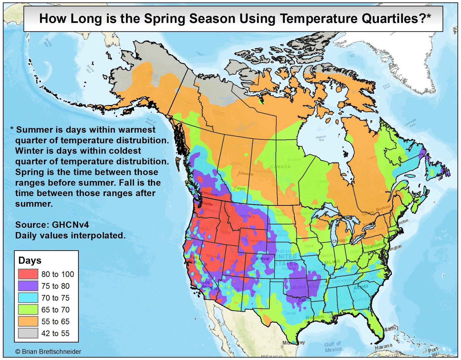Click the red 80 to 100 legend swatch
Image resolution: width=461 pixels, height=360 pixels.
(x=28, y=274)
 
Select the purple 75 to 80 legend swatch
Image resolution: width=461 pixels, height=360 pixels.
(x=28, y=286)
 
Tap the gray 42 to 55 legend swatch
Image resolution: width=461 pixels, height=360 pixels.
(x=28, y=333)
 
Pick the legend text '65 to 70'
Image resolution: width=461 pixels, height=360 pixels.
(x=55, y=310)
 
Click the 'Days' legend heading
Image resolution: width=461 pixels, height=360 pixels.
(x=30, y=260)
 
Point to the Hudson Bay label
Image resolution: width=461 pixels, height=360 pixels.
(x=321, y=138)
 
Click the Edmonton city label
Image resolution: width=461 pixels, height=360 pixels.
(x=246, y=174)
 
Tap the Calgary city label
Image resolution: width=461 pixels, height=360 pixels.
(x=240, y=188)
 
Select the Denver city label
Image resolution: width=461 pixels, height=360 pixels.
(x=263, y=258)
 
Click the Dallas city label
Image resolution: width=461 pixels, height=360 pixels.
(x=305, y=300)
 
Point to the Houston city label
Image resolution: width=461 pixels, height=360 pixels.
(x=315, y=317)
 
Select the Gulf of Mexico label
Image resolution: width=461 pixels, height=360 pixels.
(x=333, y=347)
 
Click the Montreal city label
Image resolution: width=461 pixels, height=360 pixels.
(x=383, y=208)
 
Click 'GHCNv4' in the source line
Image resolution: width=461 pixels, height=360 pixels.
(x=70, y=225)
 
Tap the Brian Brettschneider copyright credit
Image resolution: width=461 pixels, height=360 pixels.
(x=48, y=352)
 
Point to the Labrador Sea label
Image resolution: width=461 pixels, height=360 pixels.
(x=410, y=123)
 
